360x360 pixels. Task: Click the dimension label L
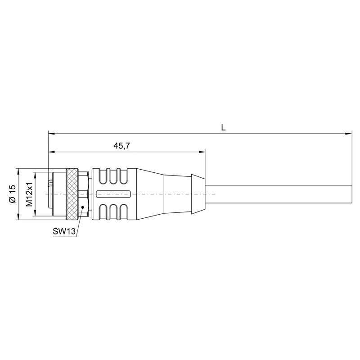click(x=223, y=127)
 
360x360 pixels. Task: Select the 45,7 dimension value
click(x=121, y=145)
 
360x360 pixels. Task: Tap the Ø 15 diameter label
click(x=13, y=194)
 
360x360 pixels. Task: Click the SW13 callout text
click(x=64, y=231)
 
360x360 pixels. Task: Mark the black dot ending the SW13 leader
click(x=83, y=207)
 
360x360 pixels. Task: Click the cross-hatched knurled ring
click(x=72, y=194)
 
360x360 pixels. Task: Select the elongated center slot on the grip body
click(x=114, y=194)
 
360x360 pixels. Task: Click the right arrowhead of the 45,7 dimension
click(x=202, y=152)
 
